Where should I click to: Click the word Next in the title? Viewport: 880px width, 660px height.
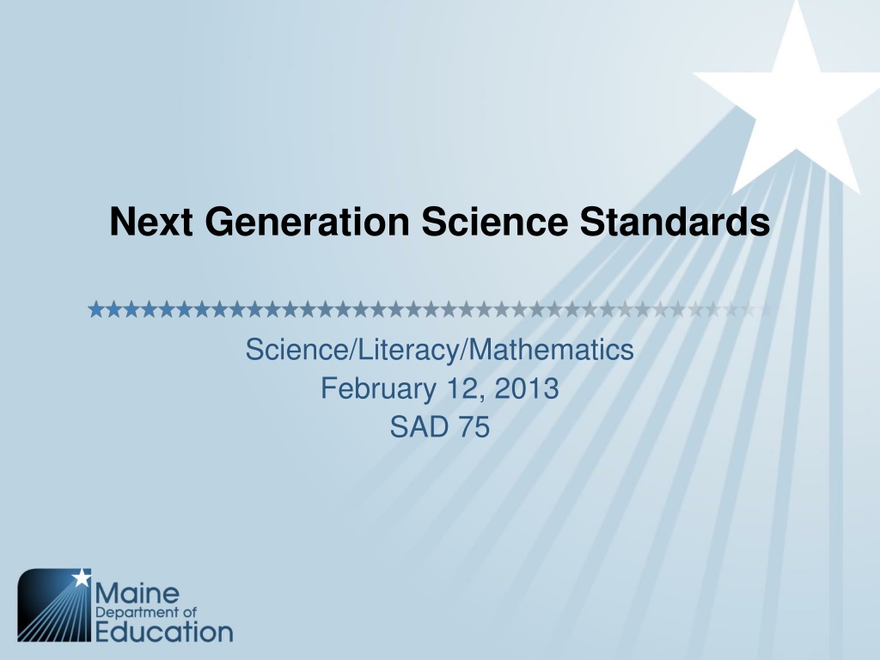(x=151, y=221)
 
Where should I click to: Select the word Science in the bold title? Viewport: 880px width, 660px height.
(x=494, y=221)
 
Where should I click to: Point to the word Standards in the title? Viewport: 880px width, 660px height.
(x=675, y=221)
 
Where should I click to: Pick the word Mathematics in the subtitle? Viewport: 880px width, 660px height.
(x=551, y=350)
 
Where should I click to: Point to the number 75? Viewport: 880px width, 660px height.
(x=474, y=427)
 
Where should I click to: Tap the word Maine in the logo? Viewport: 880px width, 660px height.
(x=137, y=593)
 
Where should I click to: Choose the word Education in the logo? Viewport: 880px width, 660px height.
(x=164, y=632)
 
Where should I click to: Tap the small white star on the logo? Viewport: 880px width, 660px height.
(x=82, y=577)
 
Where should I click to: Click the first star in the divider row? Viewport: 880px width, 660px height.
(x=96, y=309)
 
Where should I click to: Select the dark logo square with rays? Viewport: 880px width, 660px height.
(x=54, y=605)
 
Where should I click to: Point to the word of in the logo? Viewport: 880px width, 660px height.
(x=190, y=612)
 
